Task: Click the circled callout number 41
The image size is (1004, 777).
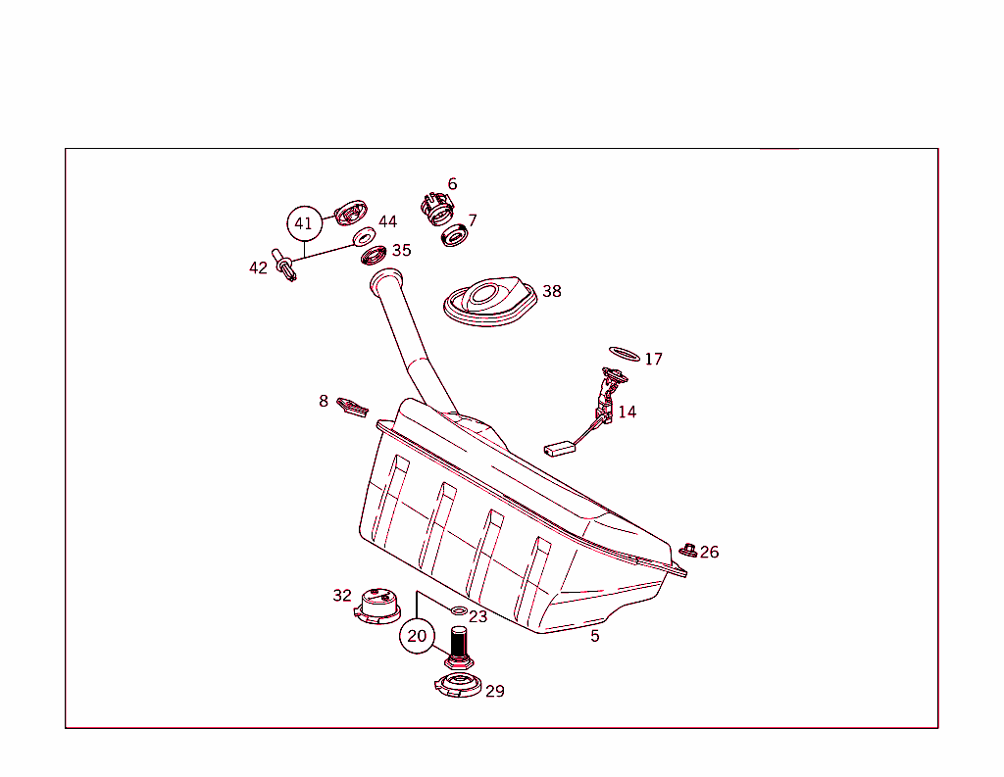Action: (304, 223)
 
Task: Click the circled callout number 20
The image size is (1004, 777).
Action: (417, 636)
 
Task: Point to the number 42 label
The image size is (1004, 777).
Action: (258, 267)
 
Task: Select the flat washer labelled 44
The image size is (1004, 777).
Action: (364, 237)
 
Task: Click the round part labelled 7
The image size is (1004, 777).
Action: (454, 236)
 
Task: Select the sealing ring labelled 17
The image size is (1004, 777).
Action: (625, 353)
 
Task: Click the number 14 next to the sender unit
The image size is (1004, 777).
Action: (627, 412)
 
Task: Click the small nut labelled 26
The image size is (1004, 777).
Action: (688, 550)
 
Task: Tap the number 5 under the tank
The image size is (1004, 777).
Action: (594, 636)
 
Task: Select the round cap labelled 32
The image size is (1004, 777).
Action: (376, 604)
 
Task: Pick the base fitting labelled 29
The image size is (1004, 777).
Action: (458, 685)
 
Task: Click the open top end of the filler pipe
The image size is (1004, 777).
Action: (388, 279)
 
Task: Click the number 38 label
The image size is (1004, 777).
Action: (552, 291)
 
